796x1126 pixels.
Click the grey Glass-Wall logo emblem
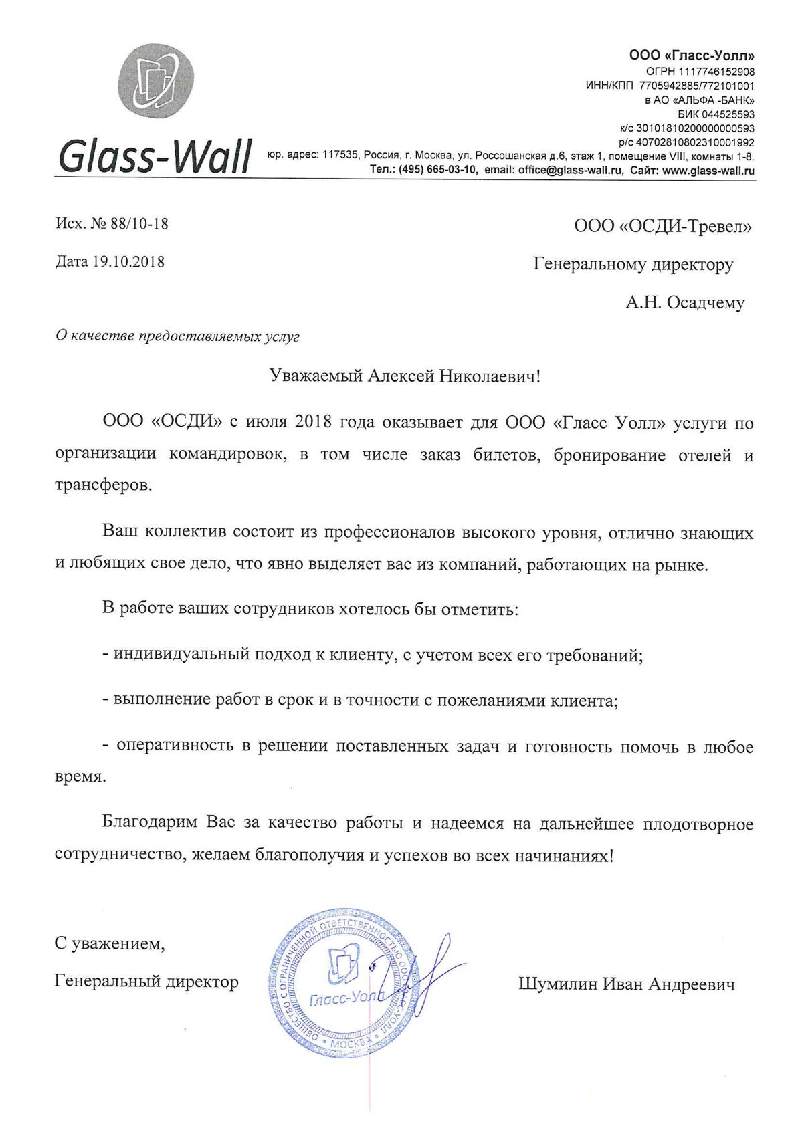pos(156,80)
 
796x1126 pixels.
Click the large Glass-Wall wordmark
pos(155,156)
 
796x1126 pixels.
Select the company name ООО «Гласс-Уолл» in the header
pos(692,55)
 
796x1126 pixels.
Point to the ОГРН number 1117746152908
pos(716,72)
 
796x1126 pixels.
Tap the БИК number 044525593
pos(725,114)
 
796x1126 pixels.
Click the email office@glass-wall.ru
pos(571,171)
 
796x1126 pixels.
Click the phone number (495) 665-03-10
pos(438,171)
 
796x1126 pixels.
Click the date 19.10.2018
pos(128,261)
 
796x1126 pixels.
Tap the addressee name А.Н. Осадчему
pos(685,303)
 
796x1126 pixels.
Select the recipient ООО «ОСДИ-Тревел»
pos(662,227)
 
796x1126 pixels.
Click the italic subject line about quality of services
pos(177,336)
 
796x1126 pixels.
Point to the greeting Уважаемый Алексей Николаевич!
pos(405,376)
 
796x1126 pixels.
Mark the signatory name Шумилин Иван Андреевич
pos(626,984)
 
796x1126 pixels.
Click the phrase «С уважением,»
pos(110,943)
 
